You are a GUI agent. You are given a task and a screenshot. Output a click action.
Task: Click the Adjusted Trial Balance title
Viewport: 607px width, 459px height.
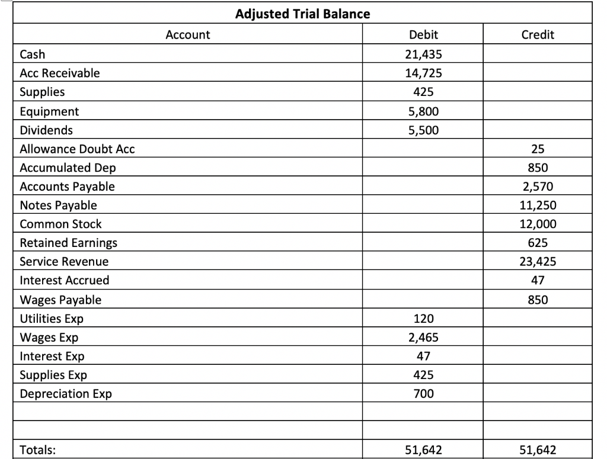[303, 14]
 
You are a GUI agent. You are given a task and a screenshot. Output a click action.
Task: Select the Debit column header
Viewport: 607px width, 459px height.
[423, 35]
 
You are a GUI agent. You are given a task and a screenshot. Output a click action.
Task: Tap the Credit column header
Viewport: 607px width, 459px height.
[538, 35]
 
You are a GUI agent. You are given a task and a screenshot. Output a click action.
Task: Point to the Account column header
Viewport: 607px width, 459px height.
[187, 35]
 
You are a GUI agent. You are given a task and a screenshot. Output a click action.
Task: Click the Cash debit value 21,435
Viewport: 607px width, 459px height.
[423, 54]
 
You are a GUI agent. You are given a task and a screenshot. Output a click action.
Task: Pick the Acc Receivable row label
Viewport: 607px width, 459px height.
[60, 73]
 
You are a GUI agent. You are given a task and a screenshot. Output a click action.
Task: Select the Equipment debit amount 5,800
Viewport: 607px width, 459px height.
[423, 111]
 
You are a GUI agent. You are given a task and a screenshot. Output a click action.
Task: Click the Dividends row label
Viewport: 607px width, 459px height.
[46, 130]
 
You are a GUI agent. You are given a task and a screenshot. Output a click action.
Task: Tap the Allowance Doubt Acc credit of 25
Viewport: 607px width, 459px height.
[538, 149]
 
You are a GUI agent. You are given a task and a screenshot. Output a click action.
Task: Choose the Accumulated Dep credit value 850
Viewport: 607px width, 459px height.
[538, 168]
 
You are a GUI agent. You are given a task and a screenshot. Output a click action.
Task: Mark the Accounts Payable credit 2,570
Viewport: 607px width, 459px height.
[538, 187]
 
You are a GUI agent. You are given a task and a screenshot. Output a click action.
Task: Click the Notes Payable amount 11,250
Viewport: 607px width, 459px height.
[538, 206]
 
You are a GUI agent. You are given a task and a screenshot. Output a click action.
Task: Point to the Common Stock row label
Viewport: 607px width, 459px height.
[60, 224]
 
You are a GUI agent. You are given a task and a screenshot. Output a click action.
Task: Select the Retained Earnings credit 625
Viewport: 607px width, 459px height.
[538, 243]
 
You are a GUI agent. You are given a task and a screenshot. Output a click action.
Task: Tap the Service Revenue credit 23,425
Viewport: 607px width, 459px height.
[538, 262]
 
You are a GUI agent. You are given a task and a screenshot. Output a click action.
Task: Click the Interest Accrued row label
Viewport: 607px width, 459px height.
[65, 280]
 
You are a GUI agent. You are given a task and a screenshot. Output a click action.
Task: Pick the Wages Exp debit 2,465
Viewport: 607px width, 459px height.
[423, 338]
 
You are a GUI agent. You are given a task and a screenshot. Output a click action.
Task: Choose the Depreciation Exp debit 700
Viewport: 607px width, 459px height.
[423, 394]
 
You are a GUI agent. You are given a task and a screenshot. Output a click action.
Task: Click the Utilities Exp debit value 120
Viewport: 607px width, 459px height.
[423, 319]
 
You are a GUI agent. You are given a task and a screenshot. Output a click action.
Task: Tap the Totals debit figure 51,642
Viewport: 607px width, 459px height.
[423, 450]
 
